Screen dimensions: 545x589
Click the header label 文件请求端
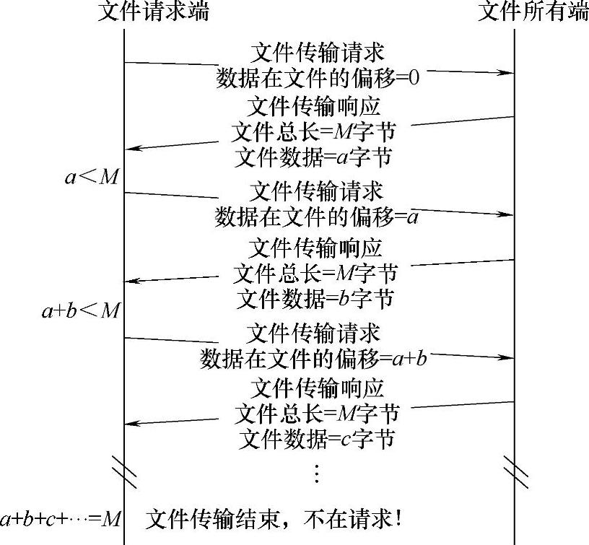click(153, 12)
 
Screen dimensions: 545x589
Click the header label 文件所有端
click(533, 12)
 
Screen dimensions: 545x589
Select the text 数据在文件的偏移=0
click(318, 77)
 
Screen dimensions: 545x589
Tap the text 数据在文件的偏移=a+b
click(314, 359)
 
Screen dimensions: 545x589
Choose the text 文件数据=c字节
click(316, 438)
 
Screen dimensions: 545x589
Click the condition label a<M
click(91, 178)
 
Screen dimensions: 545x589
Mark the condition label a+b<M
click(80, 310)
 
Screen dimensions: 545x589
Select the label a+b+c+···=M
click(61, 519)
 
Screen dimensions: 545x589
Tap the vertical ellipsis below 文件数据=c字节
click(316, 473)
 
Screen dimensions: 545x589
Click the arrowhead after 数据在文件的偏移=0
click(508, 73)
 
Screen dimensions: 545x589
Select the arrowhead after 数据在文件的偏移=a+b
click(508, 357)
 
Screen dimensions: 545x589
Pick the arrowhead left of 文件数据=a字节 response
click(131, 149)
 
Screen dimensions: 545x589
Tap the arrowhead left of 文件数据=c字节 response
click(131, 423)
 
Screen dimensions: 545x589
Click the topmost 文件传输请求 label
click(316, 53)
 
